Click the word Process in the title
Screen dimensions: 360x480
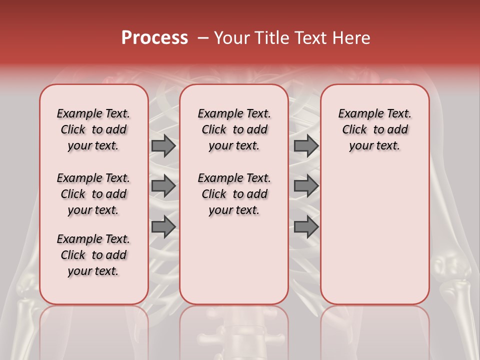tap(154, 38)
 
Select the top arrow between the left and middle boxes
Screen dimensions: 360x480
tap(163, 146)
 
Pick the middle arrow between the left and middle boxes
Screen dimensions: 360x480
tap(163, 186)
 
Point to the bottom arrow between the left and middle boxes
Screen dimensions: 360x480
tap(163, 226)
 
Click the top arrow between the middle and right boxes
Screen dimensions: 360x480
tap(306, 146)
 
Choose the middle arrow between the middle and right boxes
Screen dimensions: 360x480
tap(306, 186)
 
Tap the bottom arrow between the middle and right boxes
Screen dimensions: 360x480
tap(306, 226)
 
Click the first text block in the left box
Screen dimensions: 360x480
tap(93, 129)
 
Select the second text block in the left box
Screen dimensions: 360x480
tap(93, 194)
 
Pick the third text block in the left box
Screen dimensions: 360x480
tap(93, 255)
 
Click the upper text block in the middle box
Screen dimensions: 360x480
tap(234, 129)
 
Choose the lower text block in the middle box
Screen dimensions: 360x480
tap(234, 194)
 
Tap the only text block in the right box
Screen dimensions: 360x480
tap(375, 129)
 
